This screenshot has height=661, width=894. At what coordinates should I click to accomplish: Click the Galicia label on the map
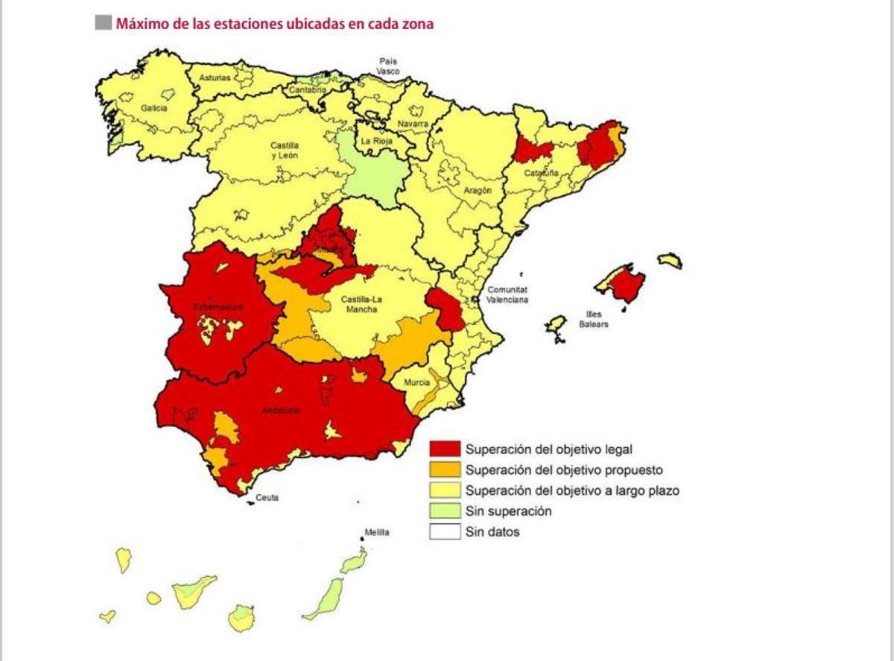click(x=154, y=108)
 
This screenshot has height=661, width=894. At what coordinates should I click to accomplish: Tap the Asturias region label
click(x=215, y=78)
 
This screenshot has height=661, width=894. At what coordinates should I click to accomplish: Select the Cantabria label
click(x=308, y=90)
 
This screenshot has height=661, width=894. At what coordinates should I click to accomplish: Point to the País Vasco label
click(x=387, y=66)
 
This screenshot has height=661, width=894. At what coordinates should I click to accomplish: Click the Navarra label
click(x=413, y=124)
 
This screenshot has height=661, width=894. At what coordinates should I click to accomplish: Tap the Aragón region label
click(x=478, y=191)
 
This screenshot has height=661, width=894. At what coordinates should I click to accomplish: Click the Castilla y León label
click(x=285, y=151)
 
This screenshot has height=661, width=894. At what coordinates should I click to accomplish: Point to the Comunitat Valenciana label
click(x=507, y=294)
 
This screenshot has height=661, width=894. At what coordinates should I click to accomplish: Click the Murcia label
click(x=417, y=383)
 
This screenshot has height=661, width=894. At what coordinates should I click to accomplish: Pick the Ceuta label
click(x=267, y=498)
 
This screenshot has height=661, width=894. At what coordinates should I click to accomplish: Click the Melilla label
click(x=376, y=533)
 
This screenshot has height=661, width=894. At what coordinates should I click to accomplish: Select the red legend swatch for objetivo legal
click(x=445, y=449)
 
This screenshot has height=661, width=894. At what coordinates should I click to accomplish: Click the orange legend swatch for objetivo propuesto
click(x=445, y=470)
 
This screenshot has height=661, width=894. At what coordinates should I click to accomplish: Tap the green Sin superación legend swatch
click(x=445, y=512)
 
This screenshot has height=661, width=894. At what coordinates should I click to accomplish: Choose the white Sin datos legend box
click(x=445, y=532)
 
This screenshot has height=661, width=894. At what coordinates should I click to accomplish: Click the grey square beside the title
click(x=103, y=23)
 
